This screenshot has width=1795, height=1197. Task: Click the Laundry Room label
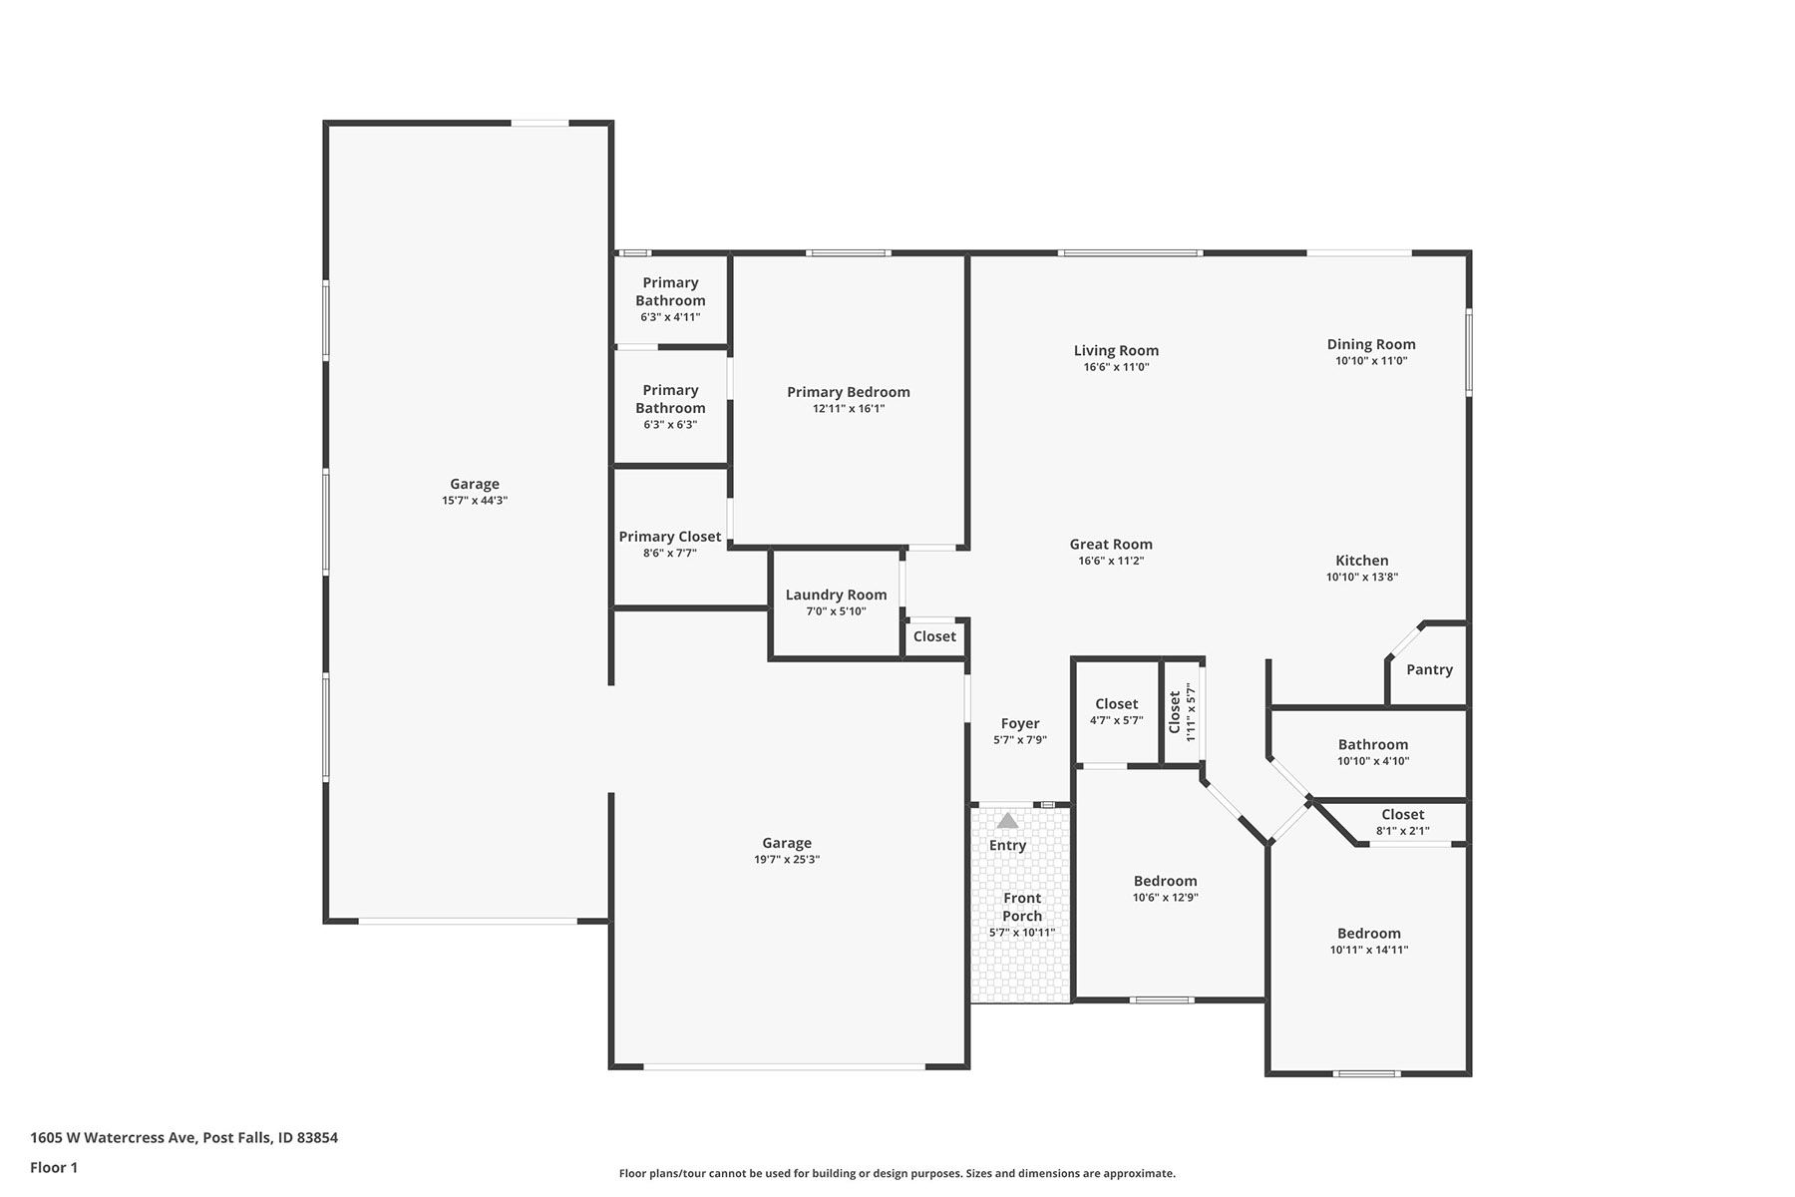click(x=836, y=595)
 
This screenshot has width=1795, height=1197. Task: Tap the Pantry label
click(x=1429, y=669)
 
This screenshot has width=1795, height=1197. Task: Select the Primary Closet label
click(x=670, y=537)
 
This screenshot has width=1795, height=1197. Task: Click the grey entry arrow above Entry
click(x=1007, y=820)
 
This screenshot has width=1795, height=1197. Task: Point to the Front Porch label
click(x=1022, y=907)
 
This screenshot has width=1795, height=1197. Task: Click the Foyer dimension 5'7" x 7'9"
click(x=1020, y=740)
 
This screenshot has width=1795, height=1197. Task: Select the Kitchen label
click(x=1362, y=561)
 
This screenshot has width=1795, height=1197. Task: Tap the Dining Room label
click(x=1371, y=344)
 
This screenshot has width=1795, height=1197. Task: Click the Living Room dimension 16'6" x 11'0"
click(x=1117, y=367)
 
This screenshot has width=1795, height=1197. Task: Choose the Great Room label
click(x=1111, y=544)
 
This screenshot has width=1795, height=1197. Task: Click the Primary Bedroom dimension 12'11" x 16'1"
click(x=849, y=409)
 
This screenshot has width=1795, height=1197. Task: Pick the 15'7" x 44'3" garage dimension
click(x=475, y=501)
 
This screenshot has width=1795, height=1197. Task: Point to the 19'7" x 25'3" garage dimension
click(x=787, y=860)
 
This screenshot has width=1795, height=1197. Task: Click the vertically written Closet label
click(x=1175, y=712)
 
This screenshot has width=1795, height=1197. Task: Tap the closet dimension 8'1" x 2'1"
click(x=1403, y=831)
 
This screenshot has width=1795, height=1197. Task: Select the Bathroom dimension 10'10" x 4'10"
click(x=1373, y=761)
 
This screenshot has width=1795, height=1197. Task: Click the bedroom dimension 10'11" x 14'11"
click(x=1369, y=950)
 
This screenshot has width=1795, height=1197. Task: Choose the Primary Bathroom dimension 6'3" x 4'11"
click(x=670, y=317)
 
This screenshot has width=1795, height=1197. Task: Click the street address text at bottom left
click(x=183, y=1137)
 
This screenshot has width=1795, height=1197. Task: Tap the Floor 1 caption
click(x=54, y=1167)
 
